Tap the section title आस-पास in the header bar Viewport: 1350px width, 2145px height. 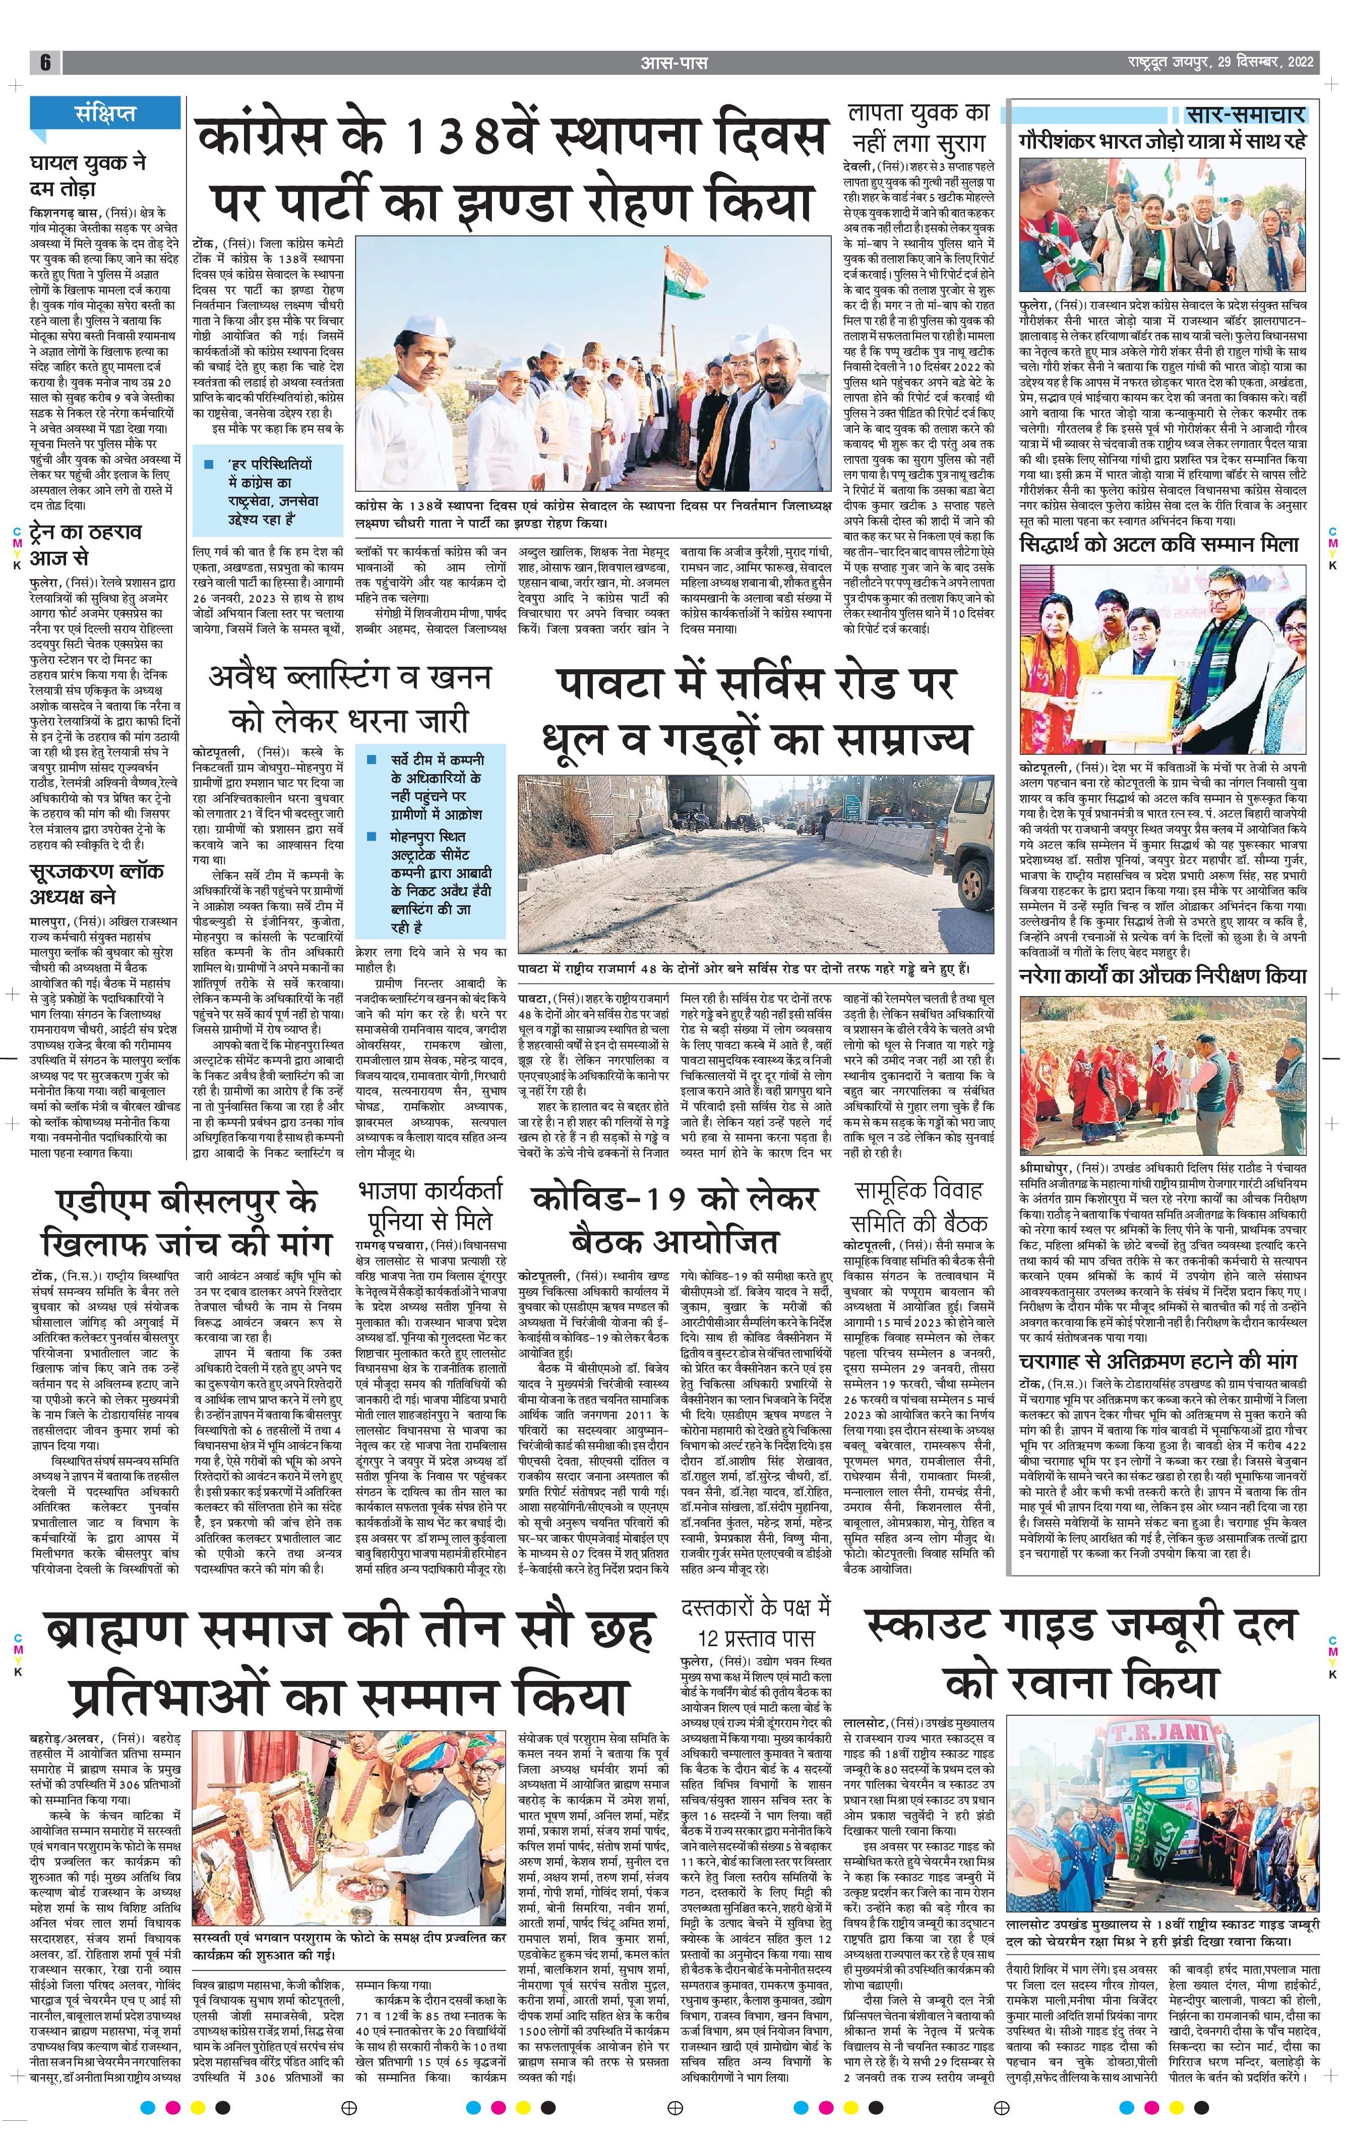[674, 63]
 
